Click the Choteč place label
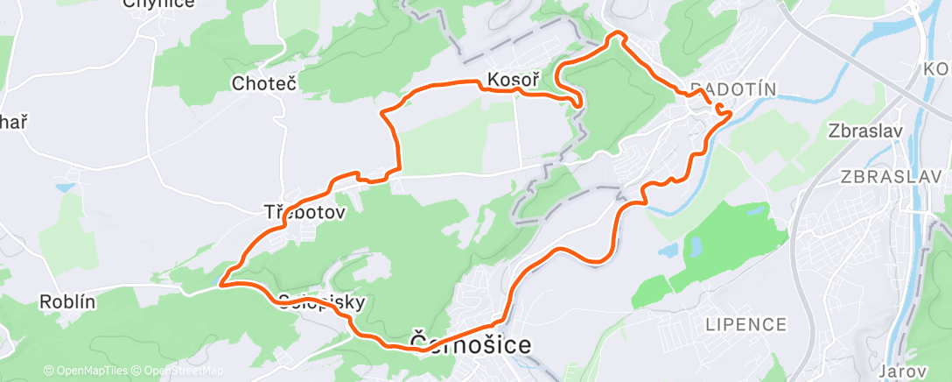coord(263,84)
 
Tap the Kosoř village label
coord(512,80)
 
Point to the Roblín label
coord(67,301)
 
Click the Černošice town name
coord(470,344)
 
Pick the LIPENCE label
coord(746,324)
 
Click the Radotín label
coord(733,88)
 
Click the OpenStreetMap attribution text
coord(178,371)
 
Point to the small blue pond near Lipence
coord(668,251)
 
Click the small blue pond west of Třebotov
coord(64,187)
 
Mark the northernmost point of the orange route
coord(618,33)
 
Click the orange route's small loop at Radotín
coord(721,110)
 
